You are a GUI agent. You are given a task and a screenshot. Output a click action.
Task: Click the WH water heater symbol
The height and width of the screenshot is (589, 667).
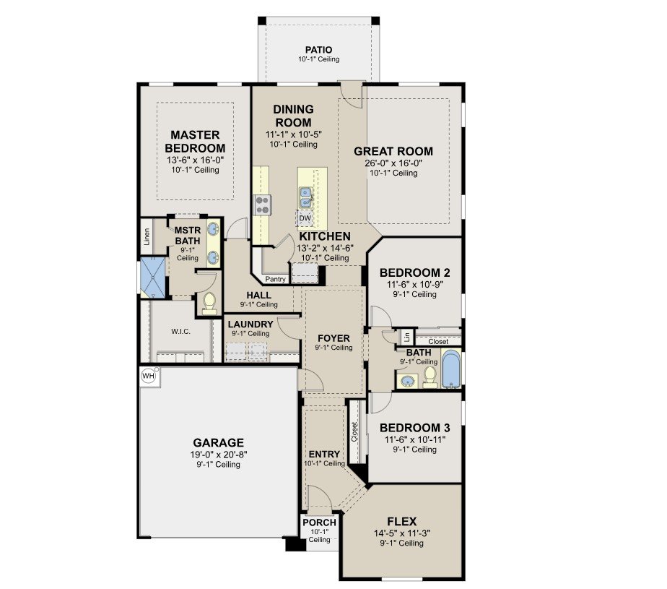click(x=149, y=376)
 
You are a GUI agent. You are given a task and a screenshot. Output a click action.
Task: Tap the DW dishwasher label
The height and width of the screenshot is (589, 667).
click(x=305, y=218)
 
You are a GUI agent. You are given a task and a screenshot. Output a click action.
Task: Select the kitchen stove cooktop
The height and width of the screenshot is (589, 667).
click(x=263, y=205)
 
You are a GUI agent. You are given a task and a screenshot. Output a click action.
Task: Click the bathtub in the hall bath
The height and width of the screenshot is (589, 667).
click(x=451, y=369)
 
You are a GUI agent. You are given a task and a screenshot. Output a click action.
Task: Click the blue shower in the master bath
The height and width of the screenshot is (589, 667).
click(x=152, y=278)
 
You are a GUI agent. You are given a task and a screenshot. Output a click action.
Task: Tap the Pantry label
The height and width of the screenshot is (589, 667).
click(x=275, y=280)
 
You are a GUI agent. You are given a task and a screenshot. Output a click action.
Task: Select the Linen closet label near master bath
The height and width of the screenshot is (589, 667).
click(x=147, y=236)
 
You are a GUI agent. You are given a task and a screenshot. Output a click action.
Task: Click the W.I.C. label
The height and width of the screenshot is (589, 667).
click(x=180, y=331)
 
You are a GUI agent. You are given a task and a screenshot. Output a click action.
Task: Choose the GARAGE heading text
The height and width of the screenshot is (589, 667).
click(x=219, y=442)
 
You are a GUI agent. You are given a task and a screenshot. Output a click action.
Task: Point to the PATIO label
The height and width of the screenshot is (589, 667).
click(x=318, y=50)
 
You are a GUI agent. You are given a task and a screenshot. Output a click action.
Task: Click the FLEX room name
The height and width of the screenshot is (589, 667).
click(x=402, y=521)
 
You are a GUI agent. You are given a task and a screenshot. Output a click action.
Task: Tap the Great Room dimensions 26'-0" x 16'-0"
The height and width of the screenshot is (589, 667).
click(x=393, y=163)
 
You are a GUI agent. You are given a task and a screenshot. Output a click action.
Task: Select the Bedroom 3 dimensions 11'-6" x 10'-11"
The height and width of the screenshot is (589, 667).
click(x=415, y=439)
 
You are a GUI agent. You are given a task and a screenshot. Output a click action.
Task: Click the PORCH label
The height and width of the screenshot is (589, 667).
click(x=320, y=522)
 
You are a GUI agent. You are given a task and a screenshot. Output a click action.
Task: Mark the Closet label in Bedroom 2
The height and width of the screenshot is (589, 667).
click(x=438, y=342)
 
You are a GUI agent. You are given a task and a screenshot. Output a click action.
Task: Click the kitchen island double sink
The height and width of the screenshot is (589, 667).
click(x=305, y=197)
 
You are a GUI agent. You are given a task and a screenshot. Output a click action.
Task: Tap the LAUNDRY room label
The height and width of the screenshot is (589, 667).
click(x=250, y=324)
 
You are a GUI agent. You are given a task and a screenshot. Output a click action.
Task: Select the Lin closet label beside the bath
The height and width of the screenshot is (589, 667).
click(x=407, y=338)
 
